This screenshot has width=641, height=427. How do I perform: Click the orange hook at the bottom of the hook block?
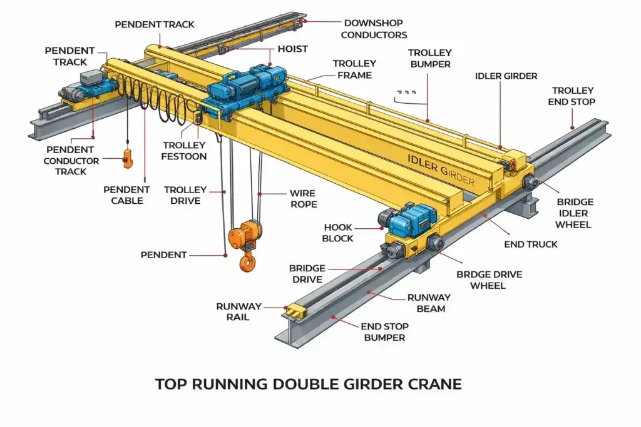point(247,262)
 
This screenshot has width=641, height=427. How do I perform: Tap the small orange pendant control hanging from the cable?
point(128,159)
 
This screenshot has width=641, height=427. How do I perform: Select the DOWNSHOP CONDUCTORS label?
point(374,29)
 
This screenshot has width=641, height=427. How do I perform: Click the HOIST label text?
point(293,49)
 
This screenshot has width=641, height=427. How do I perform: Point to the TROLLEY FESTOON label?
point(184,151)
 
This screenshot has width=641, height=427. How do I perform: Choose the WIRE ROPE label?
point(303,198)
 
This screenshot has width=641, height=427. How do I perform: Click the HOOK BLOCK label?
point(337,233)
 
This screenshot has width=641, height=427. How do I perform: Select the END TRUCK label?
point(531,244)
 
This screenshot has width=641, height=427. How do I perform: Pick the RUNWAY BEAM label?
point(429,303)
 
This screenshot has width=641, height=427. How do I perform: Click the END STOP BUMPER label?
point(384,332)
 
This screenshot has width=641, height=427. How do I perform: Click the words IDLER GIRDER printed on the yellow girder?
point(441,169)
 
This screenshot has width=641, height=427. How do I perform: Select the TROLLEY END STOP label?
point(572,96)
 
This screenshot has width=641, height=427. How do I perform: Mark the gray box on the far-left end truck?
point(91,77)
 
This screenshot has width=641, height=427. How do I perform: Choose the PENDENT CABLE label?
point(126,195)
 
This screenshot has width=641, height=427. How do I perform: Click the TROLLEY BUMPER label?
point(430,58)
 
